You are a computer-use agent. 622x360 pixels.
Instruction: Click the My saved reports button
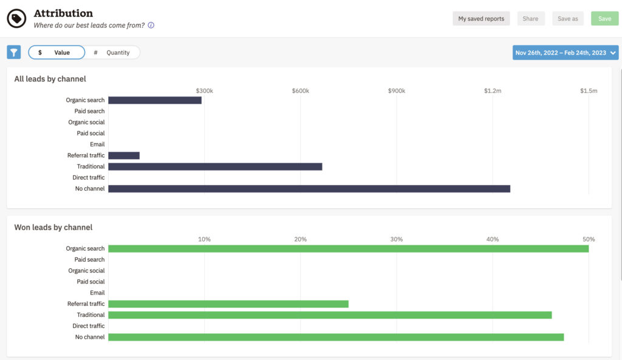(481, 19)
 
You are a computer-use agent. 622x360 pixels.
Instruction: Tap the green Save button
(604, 19)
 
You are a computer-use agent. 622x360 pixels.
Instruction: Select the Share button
(530, 19)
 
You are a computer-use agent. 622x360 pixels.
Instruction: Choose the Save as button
(567, 19)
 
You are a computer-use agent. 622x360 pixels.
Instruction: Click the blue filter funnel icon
(14, 52)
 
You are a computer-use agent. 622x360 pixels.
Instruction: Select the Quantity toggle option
(113, 53)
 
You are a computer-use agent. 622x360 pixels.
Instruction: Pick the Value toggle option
(56, 53)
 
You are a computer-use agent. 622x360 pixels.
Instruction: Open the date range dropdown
(565, 53)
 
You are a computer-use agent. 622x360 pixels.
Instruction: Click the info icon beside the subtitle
(151, 25)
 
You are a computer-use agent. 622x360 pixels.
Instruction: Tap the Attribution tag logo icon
(16, 19)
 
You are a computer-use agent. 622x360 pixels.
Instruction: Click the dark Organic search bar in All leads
(155, 100)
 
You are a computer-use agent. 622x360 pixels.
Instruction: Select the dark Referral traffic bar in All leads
(124, 155)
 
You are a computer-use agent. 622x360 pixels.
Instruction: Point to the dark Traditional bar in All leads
(215, 166)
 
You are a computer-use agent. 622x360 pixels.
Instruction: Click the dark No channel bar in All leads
(309, 189)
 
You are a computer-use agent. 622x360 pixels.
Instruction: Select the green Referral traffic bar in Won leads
(228, 304)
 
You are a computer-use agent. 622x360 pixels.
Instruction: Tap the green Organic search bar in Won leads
(348, 248)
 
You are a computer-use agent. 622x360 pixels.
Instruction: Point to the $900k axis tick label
(397, 90)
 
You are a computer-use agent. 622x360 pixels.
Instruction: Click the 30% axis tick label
(397, 239)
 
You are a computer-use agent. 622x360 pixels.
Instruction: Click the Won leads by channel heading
(53, 228)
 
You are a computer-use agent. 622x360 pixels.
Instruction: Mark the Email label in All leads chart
(97, 144)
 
